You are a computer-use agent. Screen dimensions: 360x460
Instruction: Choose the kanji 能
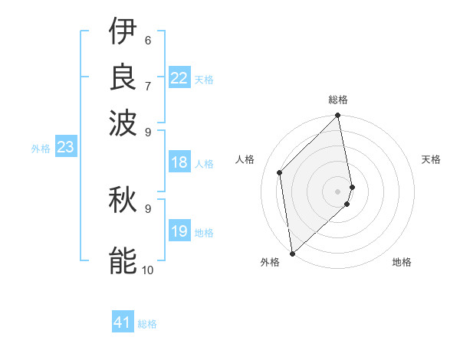point(123,261)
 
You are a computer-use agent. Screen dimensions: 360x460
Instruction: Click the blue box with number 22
point(179,78)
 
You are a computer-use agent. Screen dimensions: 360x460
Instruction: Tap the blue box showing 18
point(179,162)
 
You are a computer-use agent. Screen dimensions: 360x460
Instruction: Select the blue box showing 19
point(179,231)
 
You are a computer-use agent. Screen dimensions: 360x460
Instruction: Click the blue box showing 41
point(123,322)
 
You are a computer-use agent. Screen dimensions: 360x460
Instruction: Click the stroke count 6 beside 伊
point(147,41)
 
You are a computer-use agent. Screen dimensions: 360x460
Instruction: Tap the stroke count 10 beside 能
point(147,270)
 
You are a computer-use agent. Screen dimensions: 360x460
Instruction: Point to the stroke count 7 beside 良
point(147,84)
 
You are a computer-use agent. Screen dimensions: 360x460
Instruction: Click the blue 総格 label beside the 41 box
point(147,324)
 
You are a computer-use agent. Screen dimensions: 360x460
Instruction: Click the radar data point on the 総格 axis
point(338,116)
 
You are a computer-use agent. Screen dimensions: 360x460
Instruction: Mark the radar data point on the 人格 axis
point(280,172)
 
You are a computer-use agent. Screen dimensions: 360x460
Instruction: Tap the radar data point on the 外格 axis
point(292,254)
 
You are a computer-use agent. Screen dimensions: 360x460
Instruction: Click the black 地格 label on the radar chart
point(402,263)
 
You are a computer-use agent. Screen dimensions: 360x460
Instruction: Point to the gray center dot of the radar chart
point(338,191)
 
